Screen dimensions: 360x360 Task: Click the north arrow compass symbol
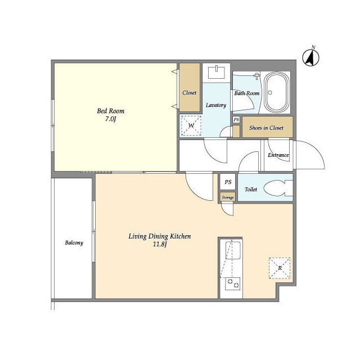point(310,57)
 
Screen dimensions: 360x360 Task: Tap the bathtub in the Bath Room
point(276,92)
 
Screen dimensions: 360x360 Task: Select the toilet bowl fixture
point(278,188)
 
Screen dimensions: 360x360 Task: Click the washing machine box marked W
point(191,125)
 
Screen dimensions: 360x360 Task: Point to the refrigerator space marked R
point(280,268)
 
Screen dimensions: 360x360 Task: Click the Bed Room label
point(111,111)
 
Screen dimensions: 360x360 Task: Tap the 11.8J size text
point(160,244)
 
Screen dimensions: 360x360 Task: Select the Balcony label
point(74,242)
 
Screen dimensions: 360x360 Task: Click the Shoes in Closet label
point(266,128)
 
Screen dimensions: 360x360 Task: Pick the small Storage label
point(228,197)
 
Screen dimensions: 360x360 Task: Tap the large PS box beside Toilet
point(228,182)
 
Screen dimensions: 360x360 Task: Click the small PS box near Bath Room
point(236,120)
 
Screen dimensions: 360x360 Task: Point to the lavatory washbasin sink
point(216,72)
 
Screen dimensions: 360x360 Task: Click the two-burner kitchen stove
point(232,283)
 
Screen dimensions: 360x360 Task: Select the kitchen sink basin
point(233,250)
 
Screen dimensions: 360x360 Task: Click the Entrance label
point(278,155)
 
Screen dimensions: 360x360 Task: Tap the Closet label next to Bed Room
point(190,93)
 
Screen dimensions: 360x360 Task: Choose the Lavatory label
point(216,105)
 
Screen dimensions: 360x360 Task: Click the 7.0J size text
point(111,119)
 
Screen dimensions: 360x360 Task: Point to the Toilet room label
point(251,190)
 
